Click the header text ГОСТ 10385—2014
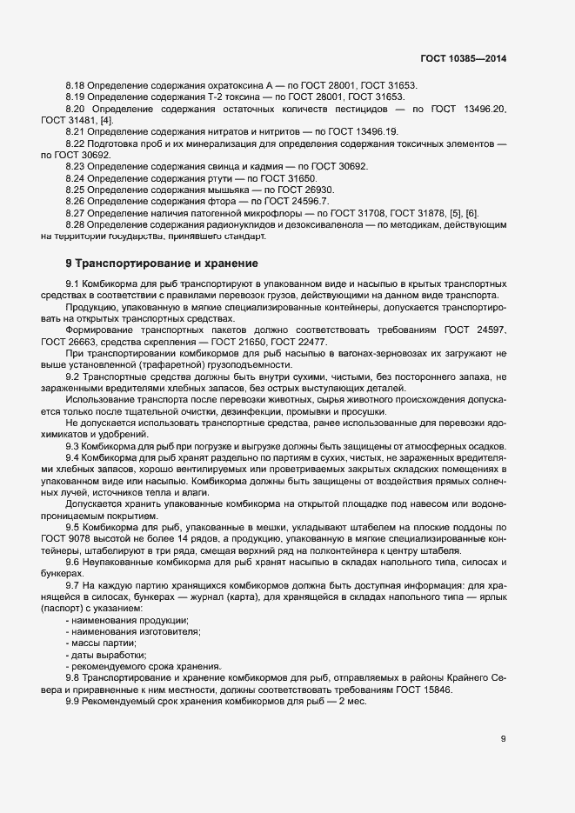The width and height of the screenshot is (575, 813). [463, 58]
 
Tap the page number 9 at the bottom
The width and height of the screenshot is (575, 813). [503, 739]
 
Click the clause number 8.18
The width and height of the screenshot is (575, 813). [74, 85]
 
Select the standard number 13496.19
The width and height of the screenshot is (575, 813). [373, 131]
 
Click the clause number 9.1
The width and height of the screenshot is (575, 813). [72, 284]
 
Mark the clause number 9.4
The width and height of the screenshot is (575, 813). [72, 456]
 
